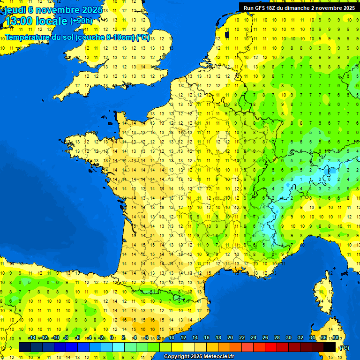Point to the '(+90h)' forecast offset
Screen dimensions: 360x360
click(81, 21)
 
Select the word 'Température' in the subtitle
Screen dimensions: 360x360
click(28, 37)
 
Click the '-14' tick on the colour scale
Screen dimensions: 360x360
click(32, 338)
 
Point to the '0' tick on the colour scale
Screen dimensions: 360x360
click(112, 338)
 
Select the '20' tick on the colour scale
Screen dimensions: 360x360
click(230, 338)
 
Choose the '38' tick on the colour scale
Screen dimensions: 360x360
click(335, 338)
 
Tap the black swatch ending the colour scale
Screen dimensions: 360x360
click(330, 347)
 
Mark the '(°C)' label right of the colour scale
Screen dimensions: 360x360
click(344, 348)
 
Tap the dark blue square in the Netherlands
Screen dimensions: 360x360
click(227, 34)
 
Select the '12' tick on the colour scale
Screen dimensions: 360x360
click(183, 338)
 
